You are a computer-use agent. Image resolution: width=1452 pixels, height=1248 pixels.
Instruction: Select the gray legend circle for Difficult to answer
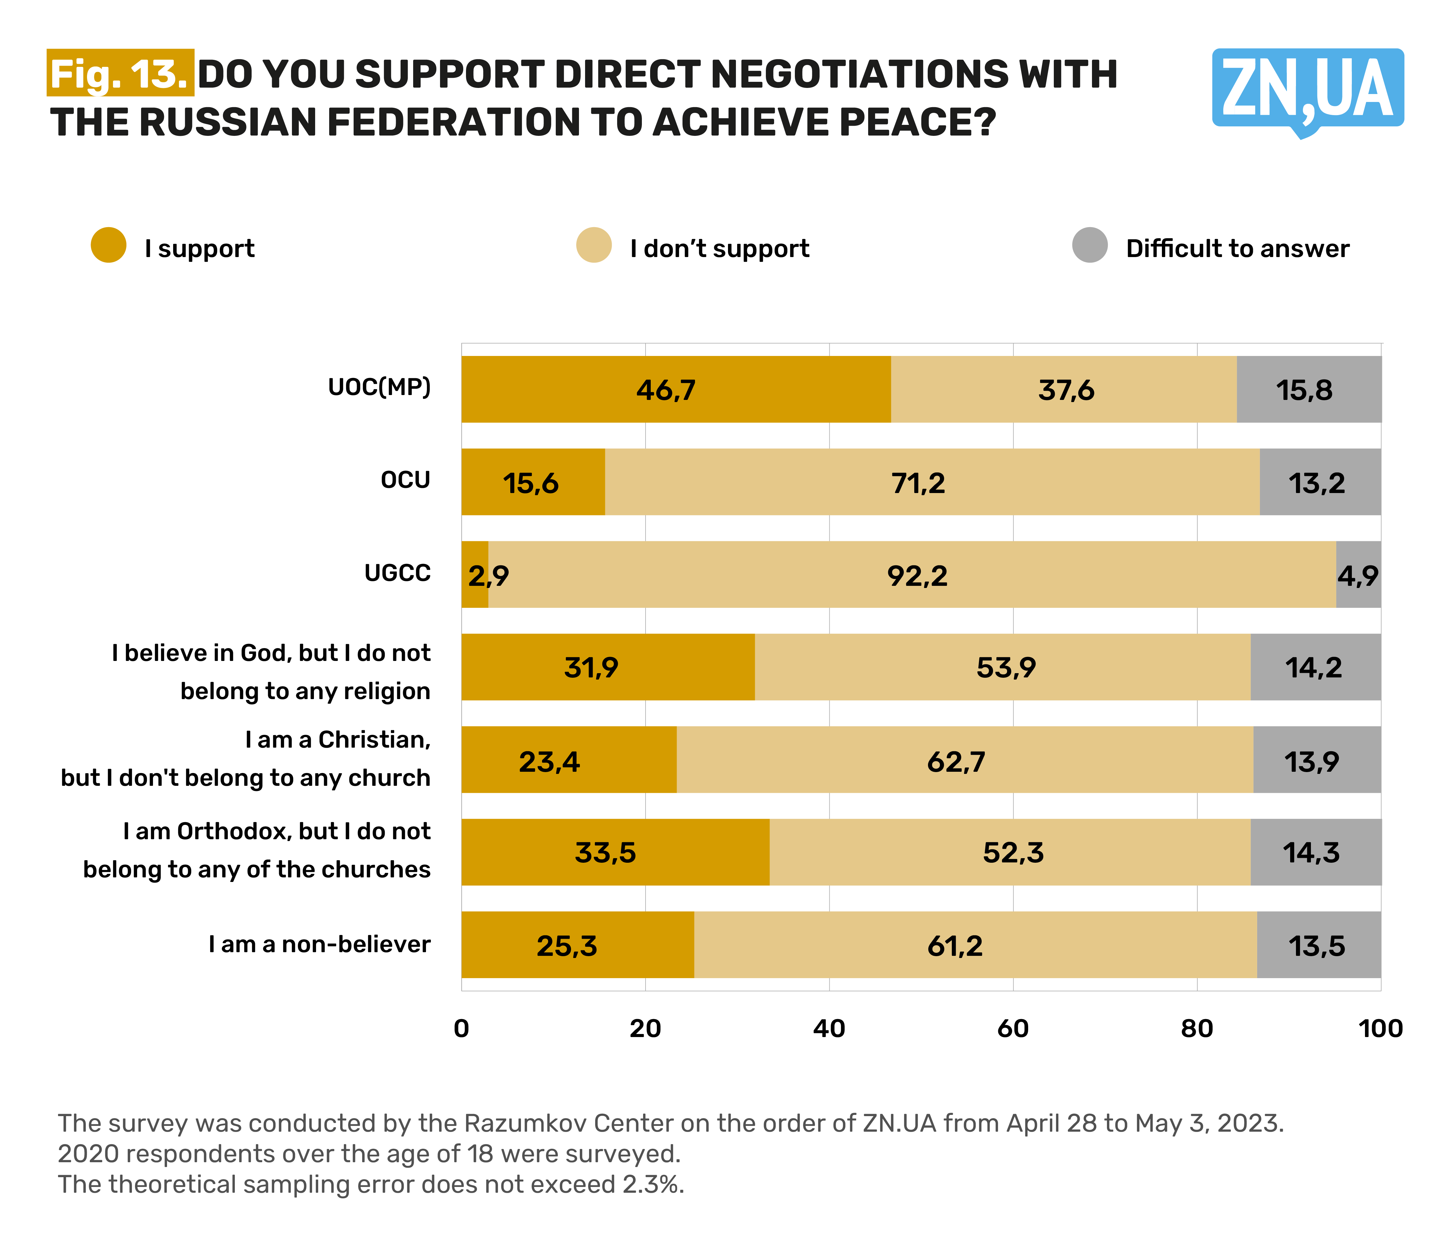click(x=1090, y=245)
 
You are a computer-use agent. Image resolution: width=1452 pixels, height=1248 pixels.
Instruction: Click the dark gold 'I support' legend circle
click(x=109, y=245)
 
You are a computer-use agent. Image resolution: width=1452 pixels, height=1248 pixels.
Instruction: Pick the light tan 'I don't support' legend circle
click(x=594, y=245)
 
